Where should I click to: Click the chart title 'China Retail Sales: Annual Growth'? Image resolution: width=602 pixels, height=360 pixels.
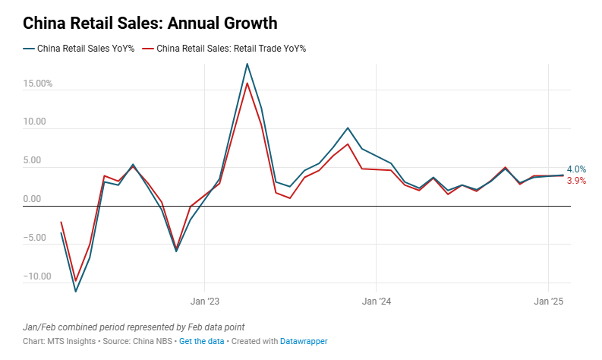pos(150,23)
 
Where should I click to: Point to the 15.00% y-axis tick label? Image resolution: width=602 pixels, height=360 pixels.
pos(37,84)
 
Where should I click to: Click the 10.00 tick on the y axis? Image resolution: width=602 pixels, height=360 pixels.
pos(35,122)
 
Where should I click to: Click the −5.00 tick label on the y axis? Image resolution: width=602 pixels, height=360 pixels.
pos(35,238)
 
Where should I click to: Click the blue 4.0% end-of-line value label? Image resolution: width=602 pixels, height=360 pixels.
pos(576,169)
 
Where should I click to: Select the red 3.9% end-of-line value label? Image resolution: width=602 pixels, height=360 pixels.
pos(576,181)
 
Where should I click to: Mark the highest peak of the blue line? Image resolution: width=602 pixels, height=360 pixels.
pos(247,64)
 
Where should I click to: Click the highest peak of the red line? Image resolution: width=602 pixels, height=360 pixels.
pos(247,83)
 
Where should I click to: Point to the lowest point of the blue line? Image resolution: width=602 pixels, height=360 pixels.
pos(75,291)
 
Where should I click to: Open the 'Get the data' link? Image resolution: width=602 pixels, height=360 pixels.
pos(201,342)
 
